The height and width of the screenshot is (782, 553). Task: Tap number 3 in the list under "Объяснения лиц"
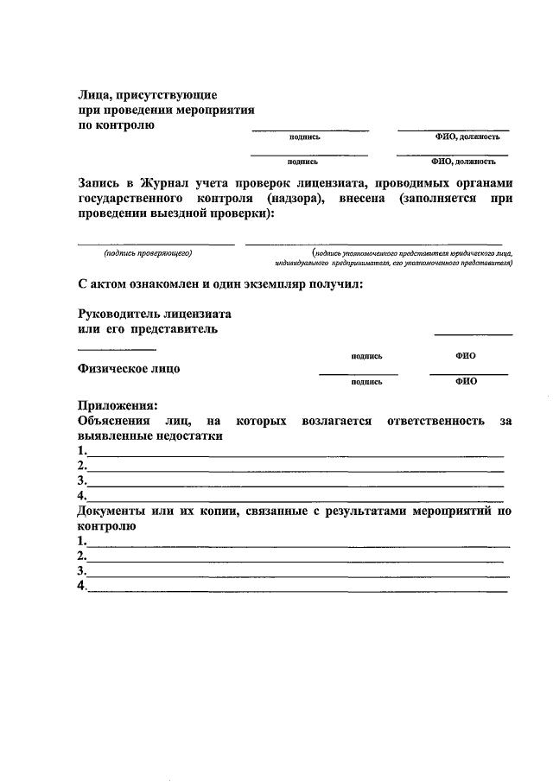click(81, 481)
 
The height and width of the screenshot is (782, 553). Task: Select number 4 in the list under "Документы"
click(81, 587)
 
